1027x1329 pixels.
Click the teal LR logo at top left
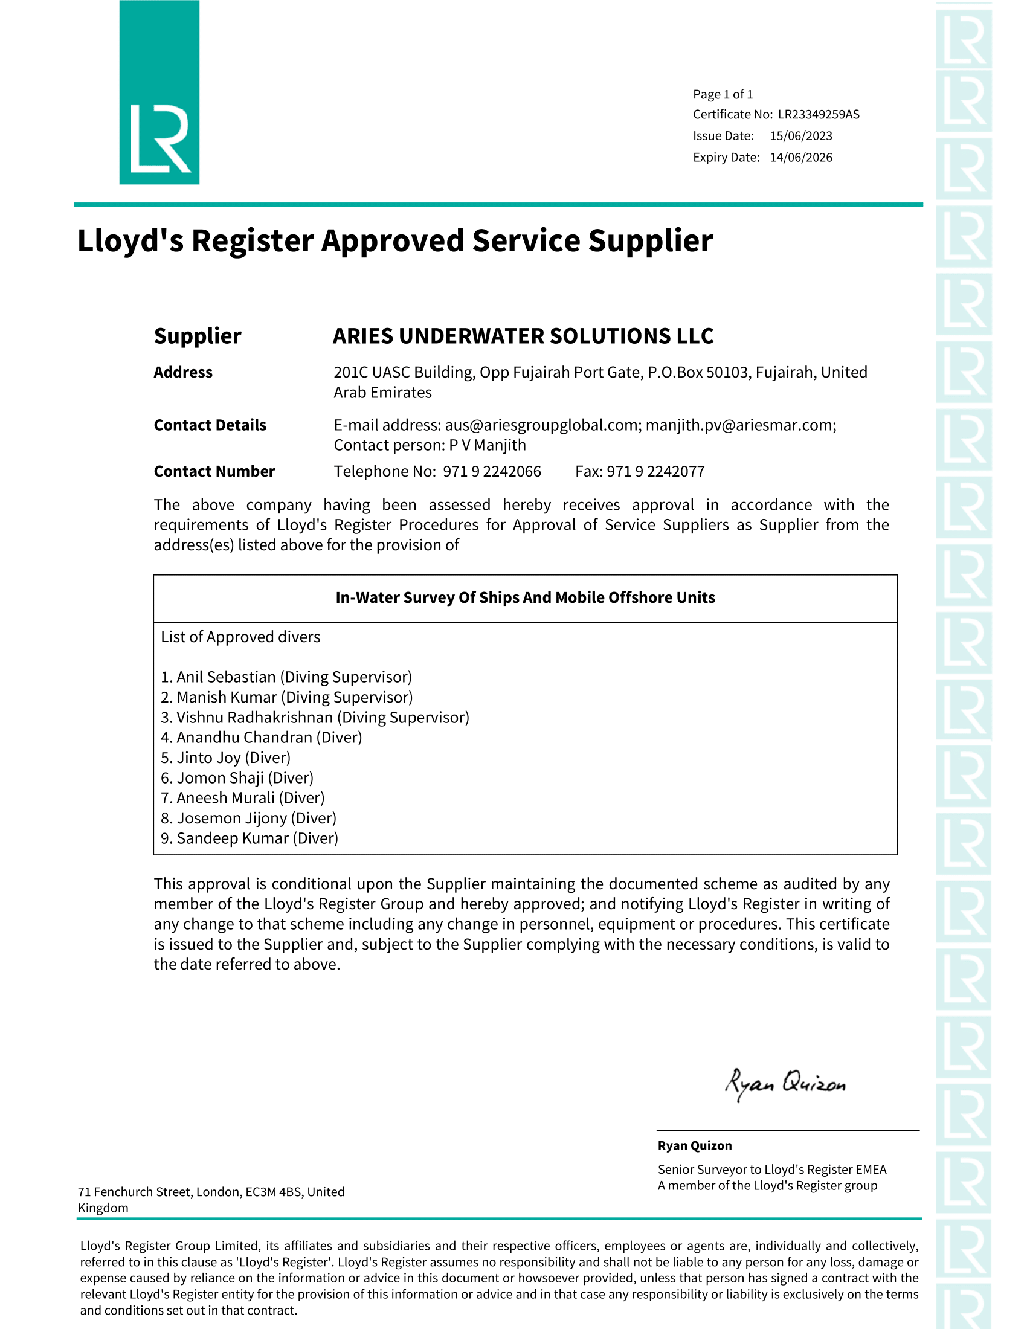click(159, 92)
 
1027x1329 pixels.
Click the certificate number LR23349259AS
click(819, 114)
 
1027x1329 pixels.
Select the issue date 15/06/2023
click(800, 136)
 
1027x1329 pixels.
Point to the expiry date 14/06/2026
click(800, 157)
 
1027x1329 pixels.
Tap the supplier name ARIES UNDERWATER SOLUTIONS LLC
click(523, 336)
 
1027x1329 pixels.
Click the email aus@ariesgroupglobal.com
click(541, 425)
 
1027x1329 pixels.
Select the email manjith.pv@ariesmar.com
click(740, 425)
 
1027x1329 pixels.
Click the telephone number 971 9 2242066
click(492, 472)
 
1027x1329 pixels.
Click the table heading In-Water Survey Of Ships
click(525, 597)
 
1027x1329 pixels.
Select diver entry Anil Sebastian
click(286, 677)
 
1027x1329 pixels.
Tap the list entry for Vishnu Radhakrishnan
click(315, 718)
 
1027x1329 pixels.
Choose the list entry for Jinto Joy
click(226, 758)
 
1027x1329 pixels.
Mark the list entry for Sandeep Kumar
click(250, 838)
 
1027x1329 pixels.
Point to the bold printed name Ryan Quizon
click(694, 1146)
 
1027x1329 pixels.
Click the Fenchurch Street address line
click(210, 1192)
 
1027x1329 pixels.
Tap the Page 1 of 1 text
click(723, 94)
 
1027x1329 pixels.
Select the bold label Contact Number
click(214, 472)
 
